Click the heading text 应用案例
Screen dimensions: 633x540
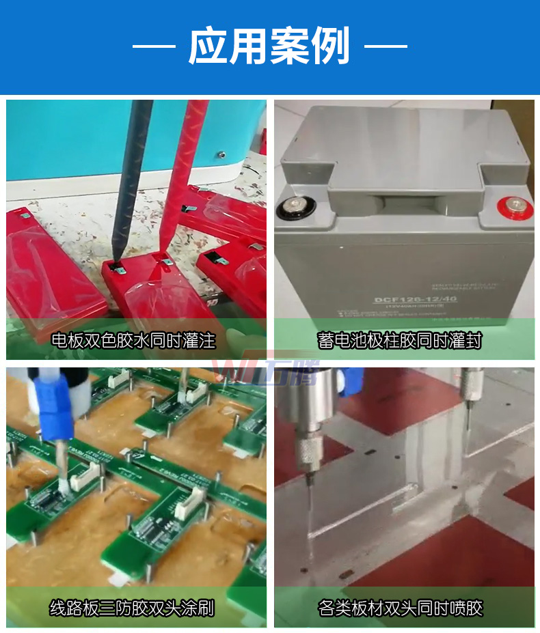(x=269, y=46)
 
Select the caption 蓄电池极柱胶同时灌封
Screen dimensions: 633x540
(x=404, y=340)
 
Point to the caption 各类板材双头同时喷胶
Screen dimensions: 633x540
(x=404, y=607)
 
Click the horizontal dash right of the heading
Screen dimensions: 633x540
(x=386, y=46)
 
